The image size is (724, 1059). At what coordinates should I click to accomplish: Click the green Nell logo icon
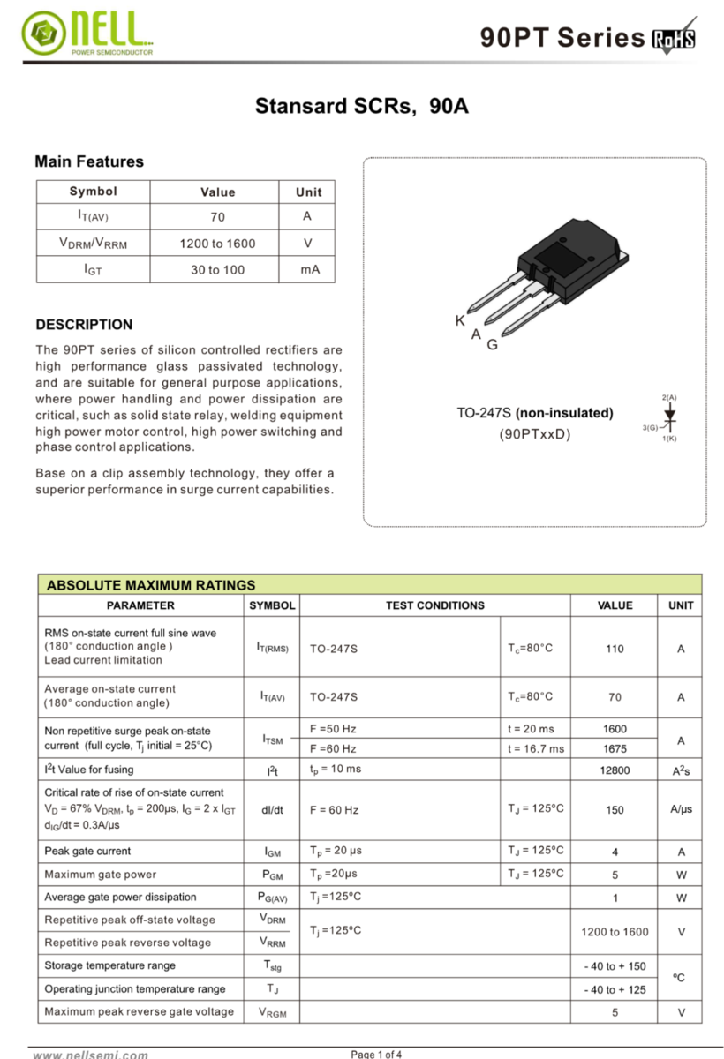pos(41,34)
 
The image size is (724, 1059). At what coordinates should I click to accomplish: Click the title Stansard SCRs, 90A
pos(362,107)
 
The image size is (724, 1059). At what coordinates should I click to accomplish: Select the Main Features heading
pos(88,161)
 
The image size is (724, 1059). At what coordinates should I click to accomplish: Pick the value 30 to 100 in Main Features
pos(217,269)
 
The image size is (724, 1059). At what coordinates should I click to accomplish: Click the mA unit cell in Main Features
pos(309,269)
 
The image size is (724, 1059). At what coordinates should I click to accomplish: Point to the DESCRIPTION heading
pos(84,324)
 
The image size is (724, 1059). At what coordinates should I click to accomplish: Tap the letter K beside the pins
pos(460,321)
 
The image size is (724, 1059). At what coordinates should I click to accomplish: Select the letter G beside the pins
pos(492,345)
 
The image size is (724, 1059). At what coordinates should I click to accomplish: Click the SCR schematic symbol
pos(669,420)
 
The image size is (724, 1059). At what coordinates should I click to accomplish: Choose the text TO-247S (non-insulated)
pos(534,413)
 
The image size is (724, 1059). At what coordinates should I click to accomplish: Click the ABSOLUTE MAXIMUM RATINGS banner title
pos(150,584)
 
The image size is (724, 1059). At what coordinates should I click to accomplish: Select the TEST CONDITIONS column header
pos(434,605)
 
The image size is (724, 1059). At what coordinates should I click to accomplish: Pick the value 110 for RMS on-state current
pos(615,649)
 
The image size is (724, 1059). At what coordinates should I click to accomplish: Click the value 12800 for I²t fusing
pos(615,770)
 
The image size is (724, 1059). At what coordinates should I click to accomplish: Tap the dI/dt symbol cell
pos(273,809)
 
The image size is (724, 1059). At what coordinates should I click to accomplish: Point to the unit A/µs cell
pos(681,809)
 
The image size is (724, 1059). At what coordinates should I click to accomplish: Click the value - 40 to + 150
pos(615,966)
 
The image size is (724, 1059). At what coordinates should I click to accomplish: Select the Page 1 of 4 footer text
pos(377,1054)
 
